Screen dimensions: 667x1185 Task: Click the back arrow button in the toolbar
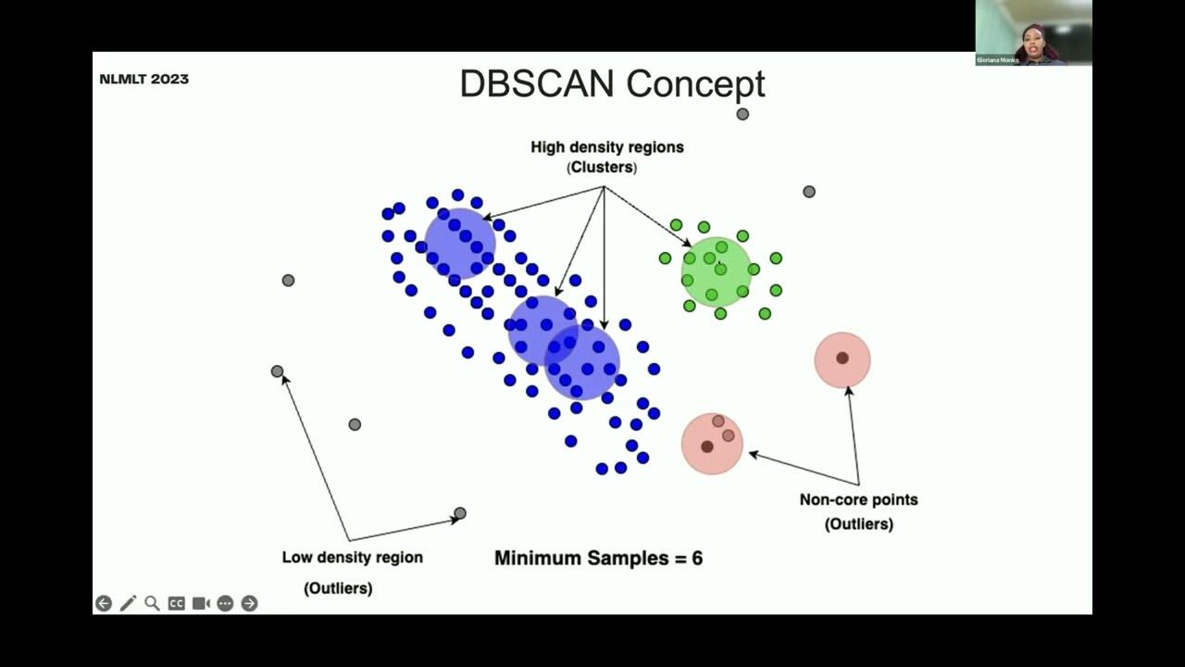coord(104,603)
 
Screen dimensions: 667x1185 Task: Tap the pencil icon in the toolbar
coord(128,603)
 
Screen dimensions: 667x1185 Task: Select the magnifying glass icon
coord(152,603)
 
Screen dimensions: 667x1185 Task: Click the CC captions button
coord(176,603)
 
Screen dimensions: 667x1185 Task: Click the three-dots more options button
coord(225,603)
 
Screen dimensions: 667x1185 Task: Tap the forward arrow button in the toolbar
coord(249,603)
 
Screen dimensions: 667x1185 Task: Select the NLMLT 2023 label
coord(144,79)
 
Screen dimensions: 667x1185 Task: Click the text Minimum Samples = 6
coord(598,558)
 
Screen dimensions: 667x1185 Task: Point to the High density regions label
coord(606,146)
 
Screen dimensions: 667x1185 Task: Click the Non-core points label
coord(858,499)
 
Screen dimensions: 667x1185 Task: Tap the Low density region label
coord(352,557)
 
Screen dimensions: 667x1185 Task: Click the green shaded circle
coord(717,271)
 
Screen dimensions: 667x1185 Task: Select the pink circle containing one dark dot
coord(842,359)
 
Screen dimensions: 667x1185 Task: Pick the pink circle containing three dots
coord(712,443)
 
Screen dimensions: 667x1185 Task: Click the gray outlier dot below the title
coord(742,114)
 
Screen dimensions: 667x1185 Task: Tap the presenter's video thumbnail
coord(1033,32)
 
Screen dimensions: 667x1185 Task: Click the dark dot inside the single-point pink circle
coord(842,358)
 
